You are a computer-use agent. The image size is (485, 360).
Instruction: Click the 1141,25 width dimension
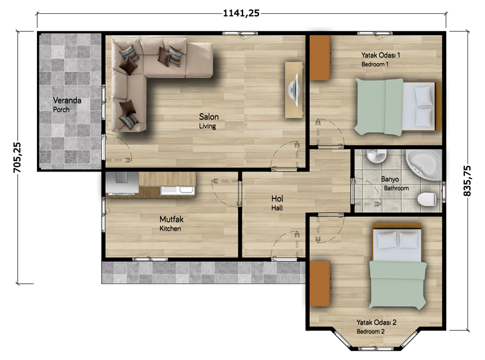click(241, 13)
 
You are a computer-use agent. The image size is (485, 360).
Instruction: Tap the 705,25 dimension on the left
click(17, 158)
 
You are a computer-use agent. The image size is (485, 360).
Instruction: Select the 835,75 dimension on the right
click(467, 181)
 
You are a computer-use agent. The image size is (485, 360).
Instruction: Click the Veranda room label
click(67, 100)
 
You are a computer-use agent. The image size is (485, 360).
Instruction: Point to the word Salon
click(209, 116)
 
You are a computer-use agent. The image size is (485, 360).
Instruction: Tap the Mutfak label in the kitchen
click(172, 219)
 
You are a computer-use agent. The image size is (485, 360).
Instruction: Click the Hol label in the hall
click(277, 199)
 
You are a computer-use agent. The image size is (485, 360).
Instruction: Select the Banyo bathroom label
click(390, 179)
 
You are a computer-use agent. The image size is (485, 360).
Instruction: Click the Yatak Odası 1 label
click(381, 55)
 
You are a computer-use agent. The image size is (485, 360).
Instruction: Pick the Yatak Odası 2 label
click(376, 322)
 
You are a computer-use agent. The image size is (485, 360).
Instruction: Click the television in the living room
click(294, 90)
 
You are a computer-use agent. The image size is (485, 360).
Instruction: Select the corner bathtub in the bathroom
click(424, 164)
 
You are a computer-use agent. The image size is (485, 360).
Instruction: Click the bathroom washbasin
click(376, 156)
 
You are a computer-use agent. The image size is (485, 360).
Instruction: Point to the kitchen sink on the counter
click(178, 190)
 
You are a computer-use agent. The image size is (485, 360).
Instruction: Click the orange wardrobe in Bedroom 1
click(320, 58)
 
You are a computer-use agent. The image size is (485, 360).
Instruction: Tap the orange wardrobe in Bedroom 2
click(320, 284)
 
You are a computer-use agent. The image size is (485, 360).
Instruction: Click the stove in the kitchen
click(122, 183)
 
